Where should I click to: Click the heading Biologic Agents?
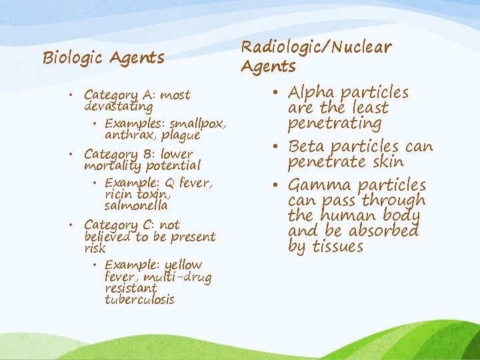click(103, 58)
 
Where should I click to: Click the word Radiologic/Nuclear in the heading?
click(316, 47)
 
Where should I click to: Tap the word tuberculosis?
click(139, 300)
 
